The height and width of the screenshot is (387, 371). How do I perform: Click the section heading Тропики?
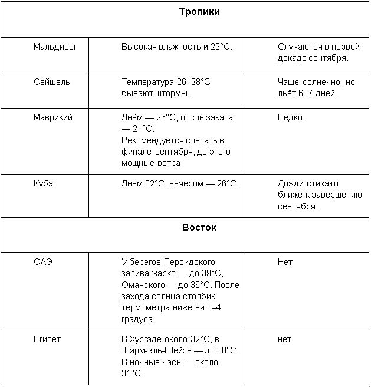coord(199,12)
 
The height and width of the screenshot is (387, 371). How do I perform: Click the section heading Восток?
coord(199,227)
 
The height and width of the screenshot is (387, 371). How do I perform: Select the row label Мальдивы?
coord(54,46)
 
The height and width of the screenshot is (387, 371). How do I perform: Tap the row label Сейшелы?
coord(52,82)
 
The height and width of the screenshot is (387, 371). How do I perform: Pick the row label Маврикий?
coord(53,117)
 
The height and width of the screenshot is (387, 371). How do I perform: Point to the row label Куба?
coord(43,183)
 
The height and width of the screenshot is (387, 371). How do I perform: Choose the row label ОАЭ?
coord(43,262)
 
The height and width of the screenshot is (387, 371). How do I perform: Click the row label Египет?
coord(47,339)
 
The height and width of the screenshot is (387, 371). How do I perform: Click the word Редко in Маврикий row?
coord(291,117)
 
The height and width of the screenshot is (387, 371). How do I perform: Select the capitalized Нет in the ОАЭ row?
coord(285,262)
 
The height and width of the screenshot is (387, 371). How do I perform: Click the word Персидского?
coord(189,262)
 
